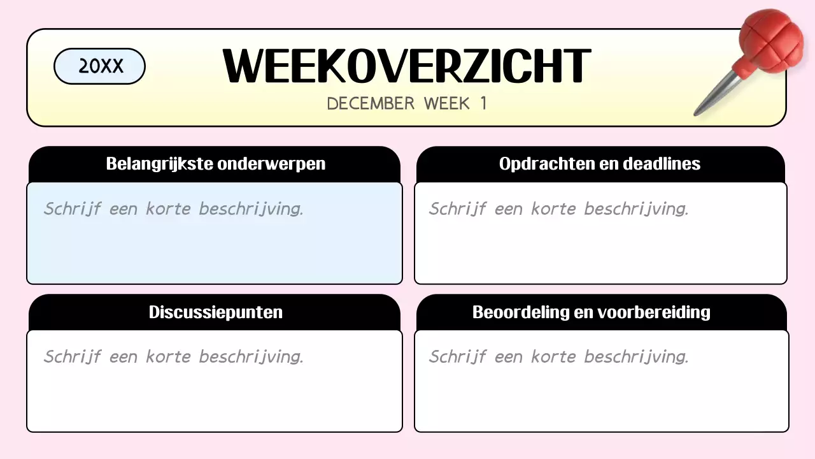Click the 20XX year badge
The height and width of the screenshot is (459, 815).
[x=100, y=66]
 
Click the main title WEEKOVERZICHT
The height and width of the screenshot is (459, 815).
[x=406, y=66]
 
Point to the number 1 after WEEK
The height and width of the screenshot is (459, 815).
[x=483, y=103]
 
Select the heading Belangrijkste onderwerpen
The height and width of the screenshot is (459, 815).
[x=215, y=164]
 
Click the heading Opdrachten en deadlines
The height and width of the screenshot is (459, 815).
[x=600, y=164]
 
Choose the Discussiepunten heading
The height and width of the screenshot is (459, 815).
[x=215, y=312]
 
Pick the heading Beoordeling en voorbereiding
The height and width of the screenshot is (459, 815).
[x=591, y=312]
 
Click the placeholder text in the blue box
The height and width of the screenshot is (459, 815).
[x=173, y=209]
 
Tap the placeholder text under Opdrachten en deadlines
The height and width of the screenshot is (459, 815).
[x=558, y=209]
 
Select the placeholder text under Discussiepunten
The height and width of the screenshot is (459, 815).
[x=173, y=357]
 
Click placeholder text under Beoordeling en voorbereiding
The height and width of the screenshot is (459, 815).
[x=558, y=357]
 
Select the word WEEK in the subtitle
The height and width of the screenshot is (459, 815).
[x=447, y=103]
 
